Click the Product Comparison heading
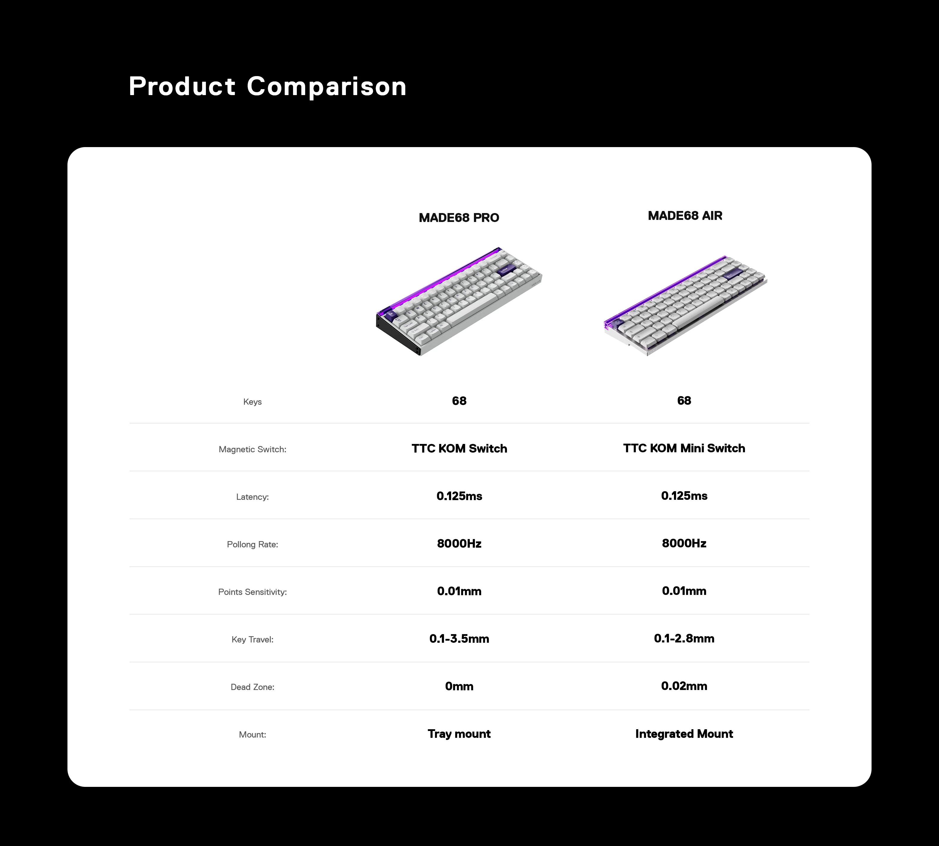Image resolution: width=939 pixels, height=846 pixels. click(267, 86)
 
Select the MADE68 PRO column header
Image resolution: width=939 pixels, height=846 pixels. click(459, 218)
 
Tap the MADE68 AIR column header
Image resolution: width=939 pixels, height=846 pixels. click(685, 216)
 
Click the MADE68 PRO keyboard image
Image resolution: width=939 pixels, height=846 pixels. click(459, 301)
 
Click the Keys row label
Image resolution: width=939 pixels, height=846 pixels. click(252, 402)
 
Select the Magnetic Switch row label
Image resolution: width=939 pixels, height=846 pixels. click(252, 449)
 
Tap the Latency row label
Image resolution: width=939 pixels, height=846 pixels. click(252, 497)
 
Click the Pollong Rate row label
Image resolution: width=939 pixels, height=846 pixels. click(252, 544)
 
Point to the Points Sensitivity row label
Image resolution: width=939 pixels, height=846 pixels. click(252, 592)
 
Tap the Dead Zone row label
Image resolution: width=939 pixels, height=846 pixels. click(252, 687)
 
